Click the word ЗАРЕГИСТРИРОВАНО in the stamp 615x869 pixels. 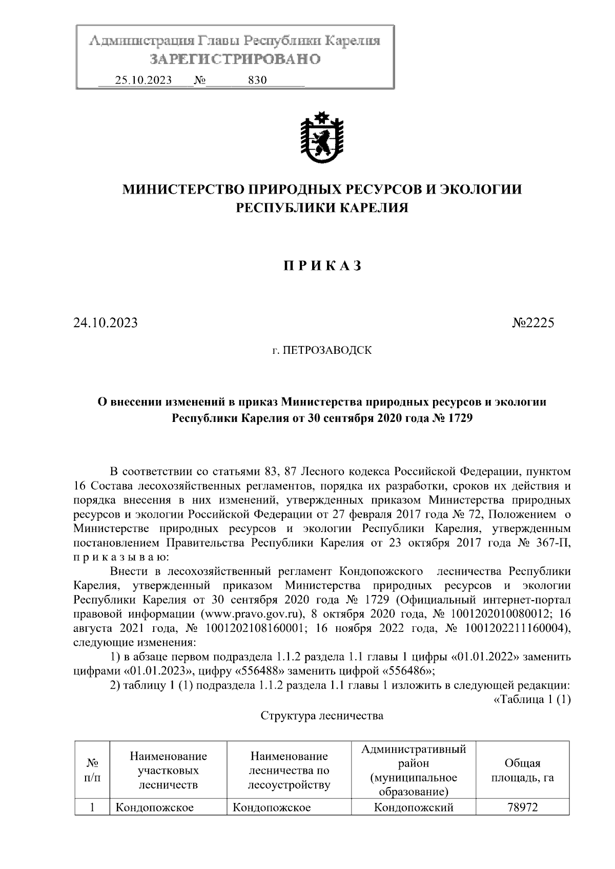[x=235, y=59]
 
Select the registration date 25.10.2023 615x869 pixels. [x=143, y=80]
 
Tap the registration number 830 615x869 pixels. [x=257, y=80]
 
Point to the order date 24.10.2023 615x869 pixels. [x=105, y=323]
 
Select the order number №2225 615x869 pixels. [x=533, y=323]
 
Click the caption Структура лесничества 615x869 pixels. [x=322, y=715]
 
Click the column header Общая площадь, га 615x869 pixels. [x=522, y=771]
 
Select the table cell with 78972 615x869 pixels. [x=522, y=808]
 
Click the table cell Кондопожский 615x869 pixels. [x=414, y=808]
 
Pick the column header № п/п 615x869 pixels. [x=92, y=771]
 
